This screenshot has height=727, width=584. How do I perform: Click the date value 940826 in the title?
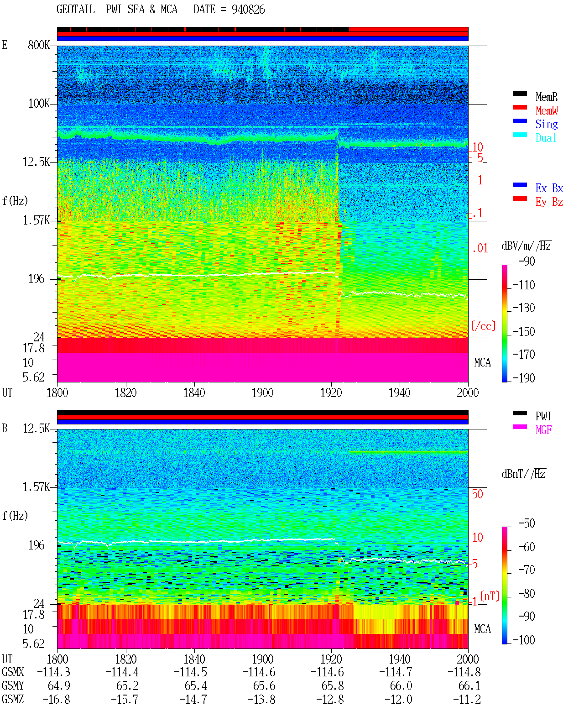click(248, 10)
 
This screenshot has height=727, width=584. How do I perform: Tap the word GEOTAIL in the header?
click(76, 10)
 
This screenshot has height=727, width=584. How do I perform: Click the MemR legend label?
click(547, 97)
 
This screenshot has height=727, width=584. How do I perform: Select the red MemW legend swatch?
click(520, 107)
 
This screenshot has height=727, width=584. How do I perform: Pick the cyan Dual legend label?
click(546, 138)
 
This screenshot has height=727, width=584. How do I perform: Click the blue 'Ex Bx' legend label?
click(549, 188)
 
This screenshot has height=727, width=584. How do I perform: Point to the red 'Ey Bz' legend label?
click(549, 202)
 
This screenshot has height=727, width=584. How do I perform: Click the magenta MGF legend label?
click(544, 430)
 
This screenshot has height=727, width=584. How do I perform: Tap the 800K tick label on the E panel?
click(39, 45)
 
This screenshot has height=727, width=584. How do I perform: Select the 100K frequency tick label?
click(39, 104)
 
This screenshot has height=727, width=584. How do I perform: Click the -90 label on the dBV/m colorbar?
click(527, 261)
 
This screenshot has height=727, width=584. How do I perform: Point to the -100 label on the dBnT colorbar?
click(524, 640)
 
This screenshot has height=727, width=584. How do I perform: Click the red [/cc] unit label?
click(483, 326)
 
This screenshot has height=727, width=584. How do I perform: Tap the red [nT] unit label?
click(490, 596)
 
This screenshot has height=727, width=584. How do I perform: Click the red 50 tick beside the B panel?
click(477, 494)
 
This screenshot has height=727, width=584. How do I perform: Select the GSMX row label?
click(13, 672)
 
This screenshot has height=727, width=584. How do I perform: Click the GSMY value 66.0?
click(401, 686)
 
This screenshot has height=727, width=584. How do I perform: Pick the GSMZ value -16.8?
click(56, 699)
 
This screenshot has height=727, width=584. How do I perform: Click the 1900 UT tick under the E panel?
click(262, 393)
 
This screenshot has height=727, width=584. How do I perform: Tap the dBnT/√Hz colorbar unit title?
click(524, 474)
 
